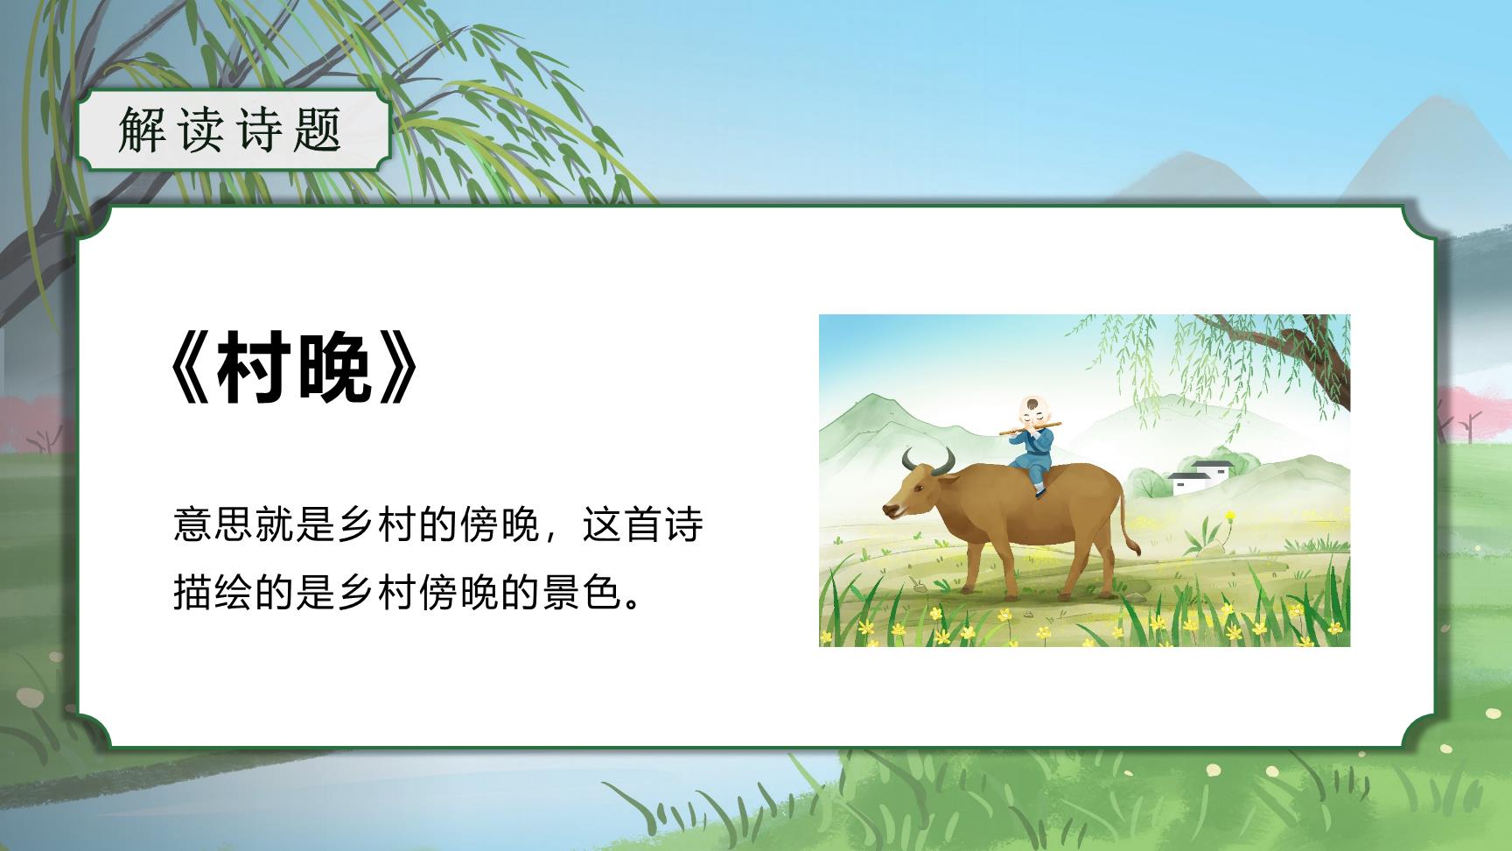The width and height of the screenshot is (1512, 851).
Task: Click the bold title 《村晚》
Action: (295, 370)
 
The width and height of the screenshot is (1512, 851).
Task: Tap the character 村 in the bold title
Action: (255, 370)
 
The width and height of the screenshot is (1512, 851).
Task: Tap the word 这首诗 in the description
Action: (643, 525)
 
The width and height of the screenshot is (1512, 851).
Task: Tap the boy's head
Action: (1033, 410)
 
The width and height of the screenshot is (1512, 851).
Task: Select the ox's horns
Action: (928, 461)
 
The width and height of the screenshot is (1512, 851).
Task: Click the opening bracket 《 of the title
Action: (190, 370)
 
